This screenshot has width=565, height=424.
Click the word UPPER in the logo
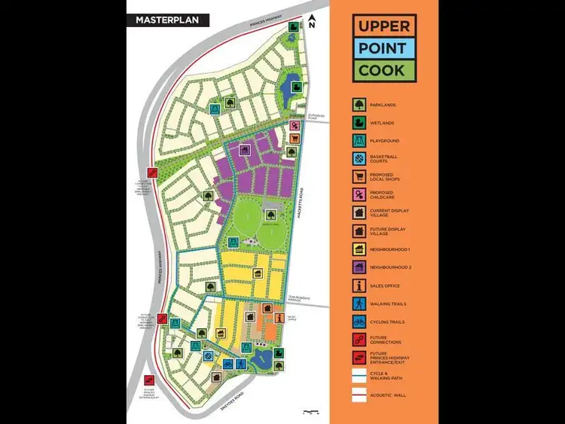pos(383,26)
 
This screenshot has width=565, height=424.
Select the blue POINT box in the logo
pos(383,49)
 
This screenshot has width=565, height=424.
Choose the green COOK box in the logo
pos(383,71)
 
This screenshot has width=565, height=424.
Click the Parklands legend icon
pos(359,105)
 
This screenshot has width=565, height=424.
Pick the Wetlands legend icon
pos(359,123)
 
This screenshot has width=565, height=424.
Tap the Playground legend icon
pos(359,141)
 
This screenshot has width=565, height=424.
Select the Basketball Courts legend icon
pos(359,159)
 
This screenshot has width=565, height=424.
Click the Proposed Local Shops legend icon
pos(359,177)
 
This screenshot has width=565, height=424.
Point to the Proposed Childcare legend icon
pos(359,195)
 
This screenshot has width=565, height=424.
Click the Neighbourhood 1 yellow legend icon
pos(359,249)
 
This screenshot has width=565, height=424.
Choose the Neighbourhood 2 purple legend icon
pos(359,267)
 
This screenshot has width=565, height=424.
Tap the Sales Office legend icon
pos(359,285)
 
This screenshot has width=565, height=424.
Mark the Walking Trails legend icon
pos(359,304)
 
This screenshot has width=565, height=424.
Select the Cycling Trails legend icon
pos(359,322)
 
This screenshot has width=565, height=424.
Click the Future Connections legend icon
pos(359,340)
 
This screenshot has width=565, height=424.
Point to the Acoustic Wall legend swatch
pos(359,394)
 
